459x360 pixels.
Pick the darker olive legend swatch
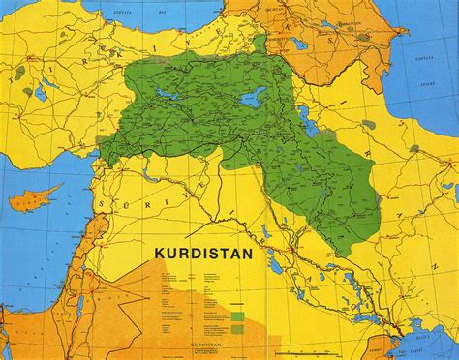(237, 326)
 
